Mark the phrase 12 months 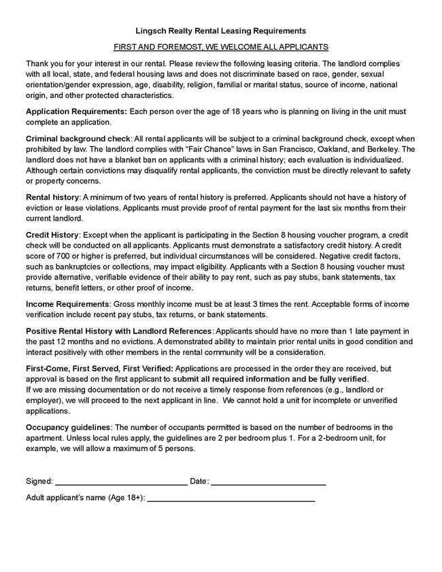(78, 341)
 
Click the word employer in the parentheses (44, 400)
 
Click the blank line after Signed (121, 482)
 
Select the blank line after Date (268, 482)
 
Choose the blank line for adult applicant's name (231, 499)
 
